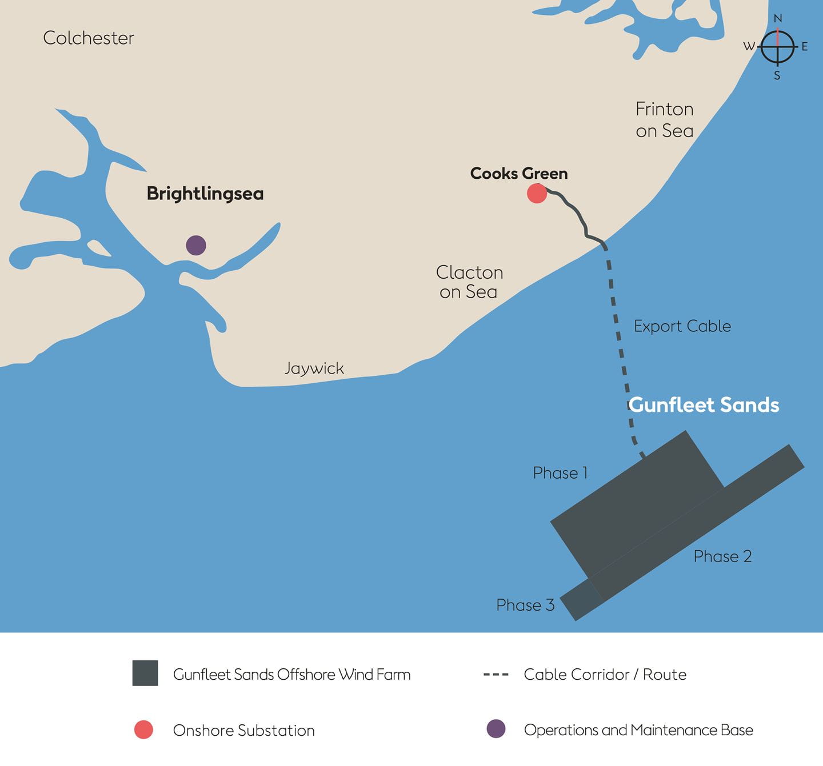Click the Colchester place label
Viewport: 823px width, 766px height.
(x=89, y=38)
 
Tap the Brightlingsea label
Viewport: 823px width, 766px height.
(x=205, y=194)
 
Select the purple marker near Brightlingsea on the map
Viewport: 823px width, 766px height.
(x=196, y=246)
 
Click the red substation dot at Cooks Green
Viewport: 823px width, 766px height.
(x=537, y=194)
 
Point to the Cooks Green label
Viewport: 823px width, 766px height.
(x=519, y=174)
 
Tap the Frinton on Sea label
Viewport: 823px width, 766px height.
(x=665, y=120)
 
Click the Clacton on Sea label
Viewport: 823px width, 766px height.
(x=469, y=282)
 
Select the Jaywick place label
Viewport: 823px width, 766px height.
(x=314, y=368)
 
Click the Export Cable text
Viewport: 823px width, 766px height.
(x=682, y=326)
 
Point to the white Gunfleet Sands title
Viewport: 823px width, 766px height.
(x=704, y=405)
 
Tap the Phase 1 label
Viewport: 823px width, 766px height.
(x=560, y=473)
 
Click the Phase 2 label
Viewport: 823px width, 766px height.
(x=722, y=556)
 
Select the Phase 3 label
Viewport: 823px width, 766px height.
(x=525, y=605)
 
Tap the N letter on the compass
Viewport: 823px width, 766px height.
(x=777, y=18)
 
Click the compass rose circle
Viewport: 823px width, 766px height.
(x=777, y=46)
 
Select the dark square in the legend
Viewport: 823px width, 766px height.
(x=145, y=673)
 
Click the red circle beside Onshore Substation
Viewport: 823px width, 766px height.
(x=143, y=730)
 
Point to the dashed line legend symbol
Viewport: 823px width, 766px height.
(x=496, y=675)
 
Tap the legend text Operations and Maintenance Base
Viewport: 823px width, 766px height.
(x=638, y=730)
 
